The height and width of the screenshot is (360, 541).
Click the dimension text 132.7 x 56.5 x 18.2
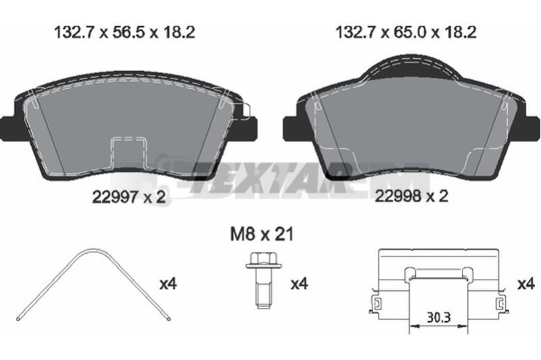coord(124,32)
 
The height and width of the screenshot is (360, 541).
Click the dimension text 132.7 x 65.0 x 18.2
coord(406,32)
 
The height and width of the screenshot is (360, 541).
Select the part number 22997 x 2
coord(129,197)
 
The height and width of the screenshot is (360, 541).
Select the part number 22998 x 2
coord(411,196)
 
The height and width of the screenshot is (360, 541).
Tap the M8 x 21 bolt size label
coord(262,235)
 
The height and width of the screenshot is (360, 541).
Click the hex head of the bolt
coord(264,261)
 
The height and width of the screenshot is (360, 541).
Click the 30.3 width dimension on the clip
coord(438,317)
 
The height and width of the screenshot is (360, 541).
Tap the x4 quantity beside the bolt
coord(299,284)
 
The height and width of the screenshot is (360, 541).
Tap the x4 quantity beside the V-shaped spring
coord(168,284)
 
